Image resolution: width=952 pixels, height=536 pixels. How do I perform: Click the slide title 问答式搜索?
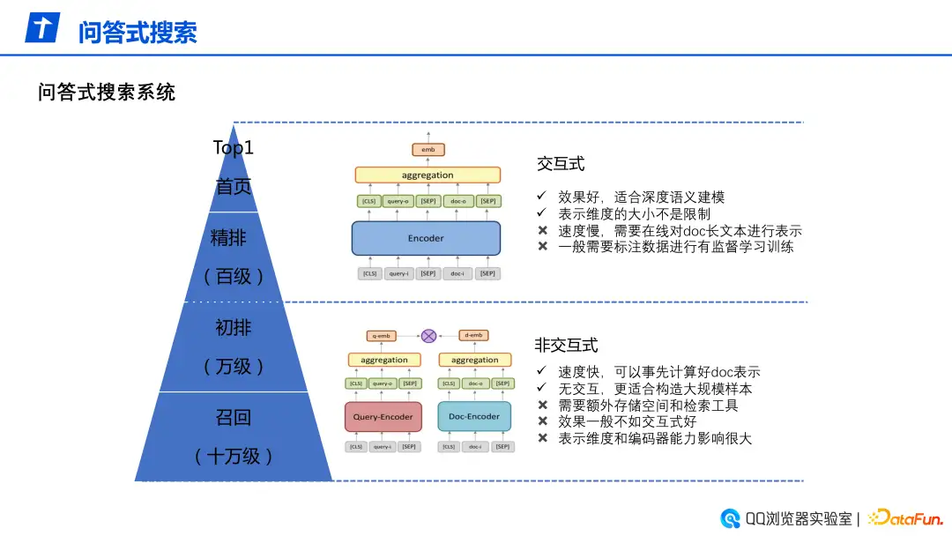click(138, 32)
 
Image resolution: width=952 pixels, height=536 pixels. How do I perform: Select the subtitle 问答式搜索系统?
click(107, 92)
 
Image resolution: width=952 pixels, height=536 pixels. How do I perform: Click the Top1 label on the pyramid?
click(234, 147)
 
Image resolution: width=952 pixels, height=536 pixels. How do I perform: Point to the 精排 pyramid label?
click(234, 237)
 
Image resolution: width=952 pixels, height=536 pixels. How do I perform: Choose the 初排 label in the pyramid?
click(234, 328)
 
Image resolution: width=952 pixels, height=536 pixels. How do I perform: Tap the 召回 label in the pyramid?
click(234, 417)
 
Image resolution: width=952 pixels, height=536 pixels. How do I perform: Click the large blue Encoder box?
click(426, 238)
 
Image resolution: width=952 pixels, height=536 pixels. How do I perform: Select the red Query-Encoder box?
click(383, 417)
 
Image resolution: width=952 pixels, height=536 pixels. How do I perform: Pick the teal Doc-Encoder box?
click(474, 417)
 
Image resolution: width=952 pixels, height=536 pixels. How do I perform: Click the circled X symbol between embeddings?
click(428, 336)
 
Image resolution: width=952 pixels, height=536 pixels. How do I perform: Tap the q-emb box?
click(383, 336)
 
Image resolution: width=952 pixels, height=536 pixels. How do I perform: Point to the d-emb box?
click(473, 336)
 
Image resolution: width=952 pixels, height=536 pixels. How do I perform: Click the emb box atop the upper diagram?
click(428, 150)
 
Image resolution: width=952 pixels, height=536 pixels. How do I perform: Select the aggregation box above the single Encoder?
click(428, 175)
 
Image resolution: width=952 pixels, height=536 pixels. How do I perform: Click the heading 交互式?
click(561, 164)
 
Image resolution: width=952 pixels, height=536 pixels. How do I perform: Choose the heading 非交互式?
click(566, 345)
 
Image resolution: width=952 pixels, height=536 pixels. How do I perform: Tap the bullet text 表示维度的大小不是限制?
click(634, 213)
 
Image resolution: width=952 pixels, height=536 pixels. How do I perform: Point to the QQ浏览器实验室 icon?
click(730, 518)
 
